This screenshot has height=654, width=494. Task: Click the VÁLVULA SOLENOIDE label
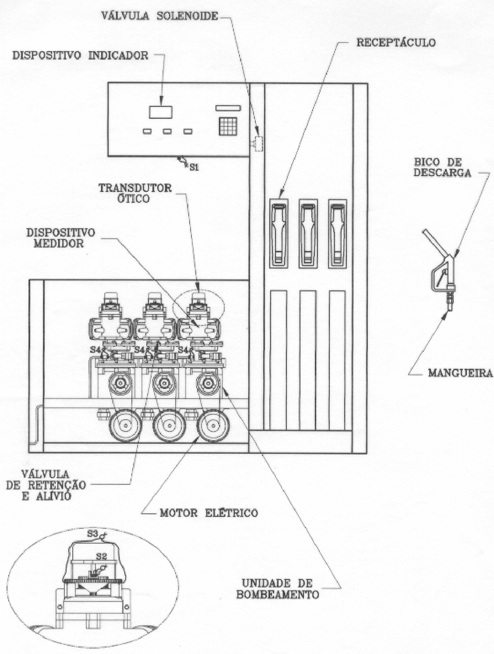160,16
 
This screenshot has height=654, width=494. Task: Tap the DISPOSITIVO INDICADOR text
81,56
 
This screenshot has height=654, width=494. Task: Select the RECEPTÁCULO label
396,42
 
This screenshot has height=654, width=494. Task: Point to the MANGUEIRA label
460,373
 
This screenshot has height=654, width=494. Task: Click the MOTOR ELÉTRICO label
208,513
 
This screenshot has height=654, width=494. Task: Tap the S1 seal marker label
194,168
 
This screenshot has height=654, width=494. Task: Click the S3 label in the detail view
92,534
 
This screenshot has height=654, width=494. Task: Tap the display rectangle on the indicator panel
160,112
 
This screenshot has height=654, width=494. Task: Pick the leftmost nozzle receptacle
279,233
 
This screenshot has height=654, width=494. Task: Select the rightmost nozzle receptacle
338,233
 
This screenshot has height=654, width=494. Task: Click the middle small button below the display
167,131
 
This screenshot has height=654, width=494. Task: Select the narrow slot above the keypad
229,108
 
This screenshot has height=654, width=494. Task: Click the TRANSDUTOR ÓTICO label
135,193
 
